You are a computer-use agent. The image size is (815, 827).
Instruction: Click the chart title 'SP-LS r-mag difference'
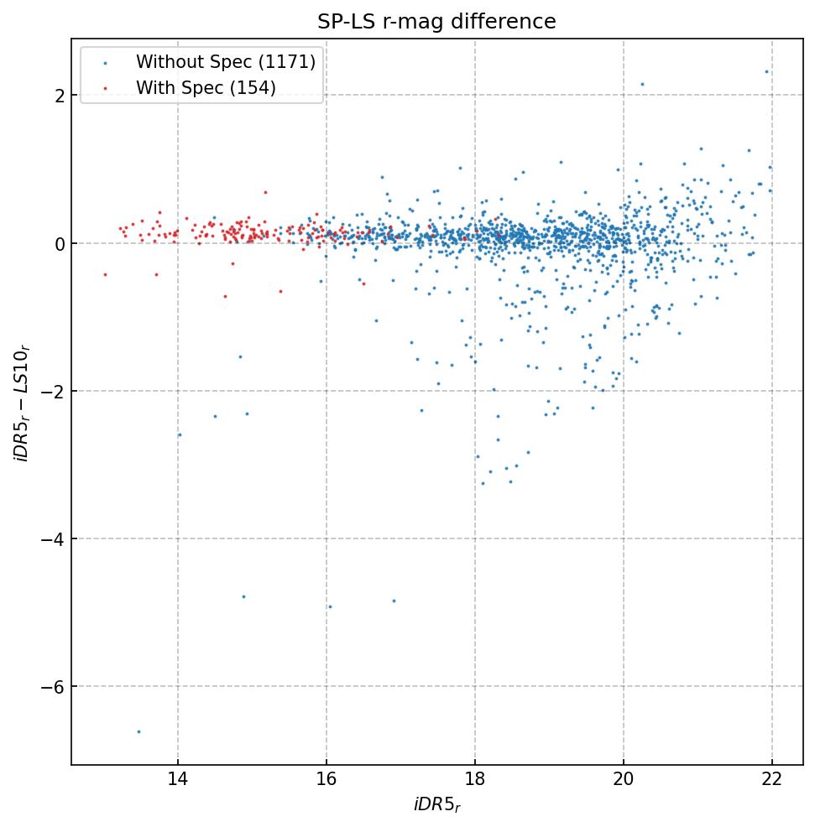436,22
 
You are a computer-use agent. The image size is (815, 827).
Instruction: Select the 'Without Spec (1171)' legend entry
225,62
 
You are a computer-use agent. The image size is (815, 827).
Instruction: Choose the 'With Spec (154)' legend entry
206,88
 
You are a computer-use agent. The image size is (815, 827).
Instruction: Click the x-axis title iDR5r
436,805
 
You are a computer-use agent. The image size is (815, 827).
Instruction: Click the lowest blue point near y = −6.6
138,731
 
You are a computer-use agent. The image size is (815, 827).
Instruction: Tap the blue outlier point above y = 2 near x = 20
642,84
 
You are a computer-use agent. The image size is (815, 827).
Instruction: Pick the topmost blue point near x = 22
766,71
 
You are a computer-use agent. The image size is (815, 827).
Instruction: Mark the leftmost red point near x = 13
105,274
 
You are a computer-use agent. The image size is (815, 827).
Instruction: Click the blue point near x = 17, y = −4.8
394,601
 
